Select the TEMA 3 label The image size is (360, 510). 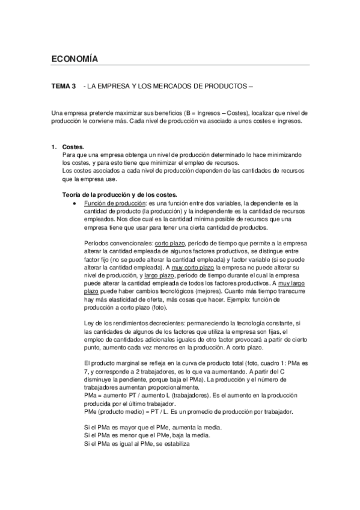tap(64, 87)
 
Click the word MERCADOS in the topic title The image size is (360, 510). tap(182, 87)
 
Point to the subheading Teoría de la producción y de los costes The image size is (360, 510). tap(120, 194)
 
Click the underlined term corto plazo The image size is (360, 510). tap(170, 242)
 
